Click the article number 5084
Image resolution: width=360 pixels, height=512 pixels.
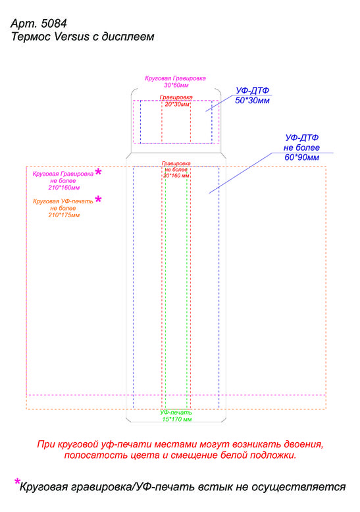pos(54,24)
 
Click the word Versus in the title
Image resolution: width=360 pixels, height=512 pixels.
pos(72,37)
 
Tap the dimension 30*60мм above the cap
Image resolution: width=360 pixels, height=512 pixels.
pos(176,86)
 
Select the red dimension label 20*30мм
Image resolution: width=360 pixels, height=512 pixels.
pos(177,105)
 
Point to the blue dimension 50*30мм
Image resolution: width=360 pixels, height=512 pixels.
pos(252,101)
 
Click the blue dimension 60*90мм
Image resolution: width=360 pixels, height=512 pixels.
pos(301,157)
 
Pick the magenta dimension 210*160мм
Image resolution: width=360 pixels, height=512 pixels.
pos(64,188)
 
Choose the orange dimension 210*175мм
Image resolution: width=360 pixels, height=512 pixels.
pos(64,215)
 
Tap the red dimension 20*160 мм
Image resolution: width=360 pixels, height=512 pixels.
pos(176,176)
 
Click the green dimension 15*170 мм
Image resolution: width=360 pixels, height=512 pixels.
pos(177,419)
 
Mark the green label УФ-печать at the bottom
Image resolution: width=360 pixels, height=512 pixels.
pos(176,413)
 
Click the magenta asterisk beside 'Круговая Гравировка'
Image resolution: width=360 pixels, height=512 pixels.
pos(98,172)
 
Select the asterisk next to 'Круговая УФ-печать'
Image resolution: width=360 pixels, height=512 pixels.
pos(98,199)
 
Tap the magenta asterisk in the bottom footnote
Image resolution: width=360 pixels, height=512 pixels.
pos(17,481)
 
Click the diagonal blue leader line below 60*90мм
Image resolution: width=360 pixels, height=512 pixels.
pos(240,173)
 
